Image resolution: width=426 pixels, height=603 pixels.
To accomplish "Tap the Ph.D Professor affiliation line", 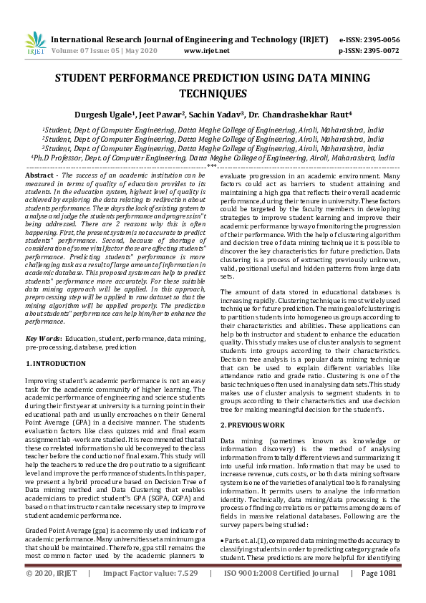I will pos(212,157).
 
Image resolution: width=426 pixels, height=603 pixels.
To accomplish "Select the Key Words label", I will pos(44,337).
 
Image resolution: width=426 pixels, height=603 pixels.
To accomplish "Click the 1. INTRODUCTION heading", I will pos(57,364).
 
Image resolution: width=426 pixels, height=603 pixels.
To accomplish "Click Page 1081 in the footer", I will pos(379,594).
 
